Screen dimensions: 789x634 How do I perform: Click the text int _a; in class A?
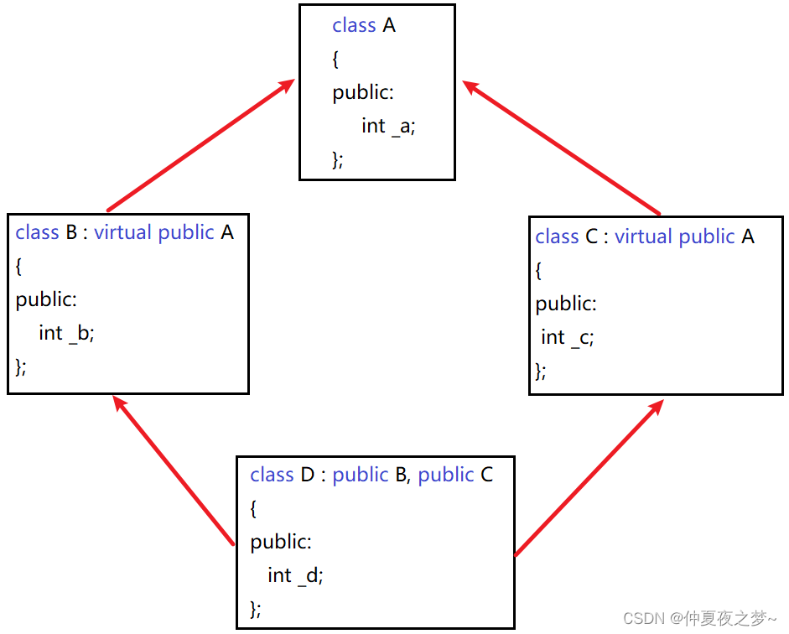388,127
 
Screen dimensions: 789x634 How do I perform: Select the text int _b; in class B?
67,333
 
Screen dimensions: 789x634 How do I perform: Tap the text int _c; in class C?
568,337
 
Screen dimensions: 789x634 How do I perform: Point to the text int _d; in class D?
295,575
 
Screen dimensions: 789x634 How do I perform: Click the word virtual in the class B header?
123,232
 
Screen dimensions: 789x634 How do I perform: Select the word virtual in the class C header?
644,237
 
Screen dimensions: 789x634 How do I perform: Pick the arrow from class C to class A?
562,148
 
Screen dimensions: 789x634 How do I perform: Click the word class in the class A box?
354,26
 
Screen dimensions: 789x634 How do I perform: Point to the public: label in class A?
363,93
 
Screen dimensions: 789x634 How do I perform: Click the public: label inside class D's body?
281,542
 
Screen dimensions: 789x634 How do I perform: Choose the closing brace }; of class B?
21,366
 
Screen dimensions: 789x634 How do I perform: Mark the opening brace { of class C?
539,271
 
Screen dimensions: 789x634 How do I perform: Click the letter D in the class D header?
308,475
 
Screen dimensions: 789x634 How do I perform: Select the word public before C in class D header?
446,475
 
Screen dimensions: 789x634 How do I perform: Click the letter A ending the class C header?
748,237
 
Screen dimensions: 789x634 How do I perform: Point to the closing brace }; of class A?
338,160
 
